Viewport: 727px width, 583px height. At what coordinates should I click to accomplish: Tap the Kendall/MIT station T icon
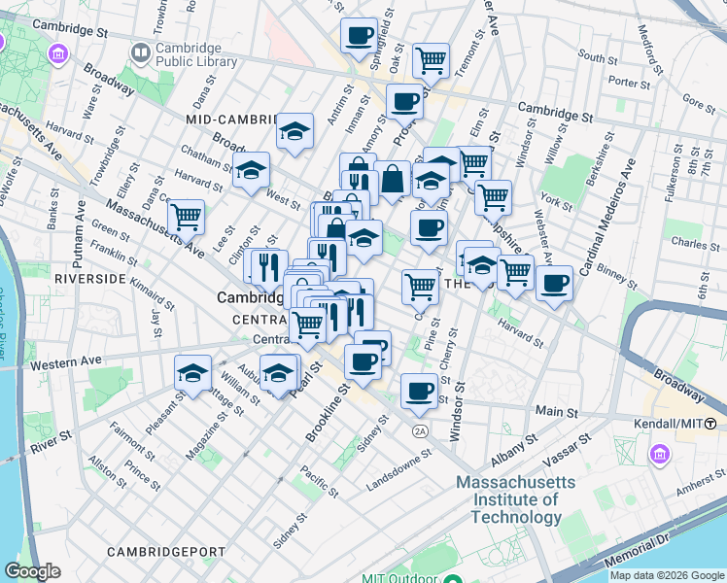pyautogui.click(x=710, y=424)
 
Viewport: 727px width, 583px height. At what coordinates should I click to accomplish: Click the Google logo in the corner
pyautogui.click(x=32, y=571)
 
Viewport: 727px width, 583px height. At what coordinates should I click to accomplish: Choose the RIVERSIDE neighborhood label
pyautogui.click(x=90, y=278)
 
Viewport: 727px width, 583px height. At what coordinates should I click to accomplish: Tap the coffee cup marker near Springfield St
pyautogui.click(x=359, y=36)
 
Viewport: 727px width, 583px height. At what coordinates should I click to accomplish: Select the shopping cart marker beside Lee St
pyautogui.click(x=185, y=216)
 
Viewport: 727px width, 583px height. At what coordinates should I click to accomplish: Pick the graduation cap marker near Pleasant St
pyautogui.click(x=192, y=373)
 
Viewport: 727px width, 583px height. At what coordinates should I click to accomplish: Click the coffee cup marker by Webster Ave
pyautogui.click(x=554, y=284)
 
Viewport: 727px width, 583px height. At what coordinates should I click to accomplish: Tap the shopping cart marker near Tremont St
pyautogui.click(x=430, y=60)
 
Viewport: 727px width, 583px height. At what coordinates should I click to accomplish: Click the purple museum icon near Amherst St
pyautogui.click(x=660, y=454)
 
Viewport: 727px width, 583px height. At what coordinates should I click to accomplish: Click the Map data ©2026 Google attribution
pyautogui.click(x=665, y=575)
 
